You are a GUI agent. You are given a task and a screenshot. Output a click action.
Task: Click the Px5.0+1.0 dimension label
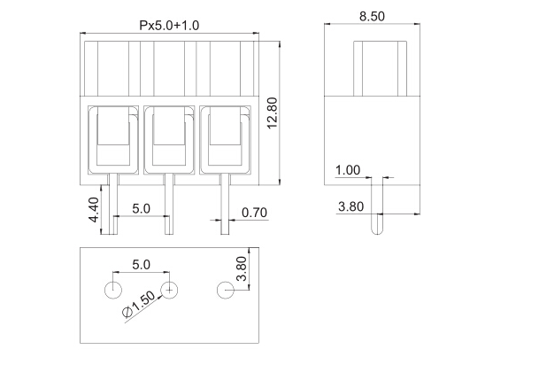(168, 26)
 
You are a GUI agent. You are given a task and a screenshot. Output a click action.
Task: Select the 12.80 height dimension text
(273, 113)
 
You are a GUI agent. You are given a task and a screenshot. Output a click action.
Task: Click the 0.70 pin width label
(255, 213)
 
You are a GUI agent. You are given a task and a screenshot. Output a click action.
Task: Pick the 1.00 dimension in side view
(348, 170)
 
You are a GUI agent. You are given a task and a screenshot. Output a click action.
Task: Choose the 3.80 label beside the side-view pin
(352, 207)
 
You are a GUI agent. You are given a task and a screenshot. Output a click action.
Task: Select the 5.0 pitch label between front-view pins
(141, 209)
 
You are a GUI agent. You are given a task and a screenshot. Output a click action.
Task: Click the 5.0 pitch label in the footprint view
(141, 265)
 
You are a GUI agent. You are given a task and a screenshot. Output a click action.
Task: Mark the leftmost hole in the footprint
(113, 289)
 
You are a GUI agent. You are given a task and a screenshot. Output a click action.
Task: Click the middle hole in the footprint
(170, 289)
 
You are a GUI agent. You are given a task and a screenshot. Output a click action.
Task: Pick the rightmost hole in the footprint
(227, 289)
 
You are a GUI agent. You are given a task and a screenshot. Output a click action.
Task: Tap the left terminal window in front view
(113, 139)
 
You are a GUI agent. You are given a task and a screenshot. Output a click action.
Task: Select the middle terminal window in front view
(170, 139)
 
